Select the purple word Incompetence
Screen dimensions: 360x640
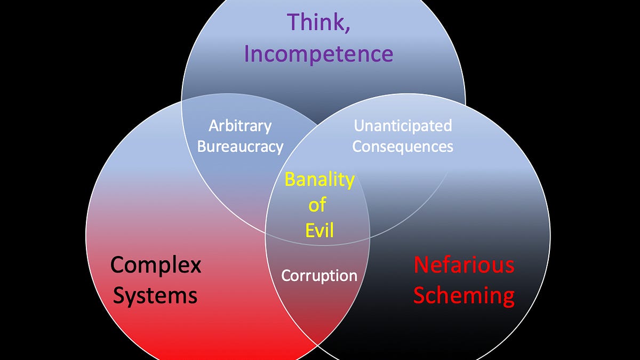coord(319,54)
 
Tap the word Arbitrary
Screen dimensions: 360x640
coord(240,126)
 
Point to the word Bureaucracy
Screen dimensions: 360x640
coord(240,146)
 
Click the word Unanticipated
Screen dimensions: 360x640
coord(403,126)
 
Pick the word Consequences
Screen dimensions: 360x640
coord(403,146)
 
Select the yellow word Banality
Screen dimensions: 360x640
coord(319,180)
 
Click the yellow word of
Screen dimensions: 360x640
coord(317,205)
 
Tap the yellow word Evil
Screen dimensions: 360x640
coord(319,230)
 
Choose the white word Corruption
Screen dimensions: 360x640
coord(319,275)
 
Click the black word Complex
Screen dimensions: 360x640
coord(156,265)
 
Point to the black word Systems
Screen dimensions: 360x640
coord(155,295)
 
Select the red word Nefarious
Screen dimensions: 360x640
coord(464,265)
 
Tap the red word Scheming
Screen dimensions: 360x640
coord(464,295)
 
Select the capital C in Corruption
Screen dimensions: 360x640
coord(285,275)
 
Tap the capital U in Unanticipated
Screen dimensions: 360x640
coord(359,126)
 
